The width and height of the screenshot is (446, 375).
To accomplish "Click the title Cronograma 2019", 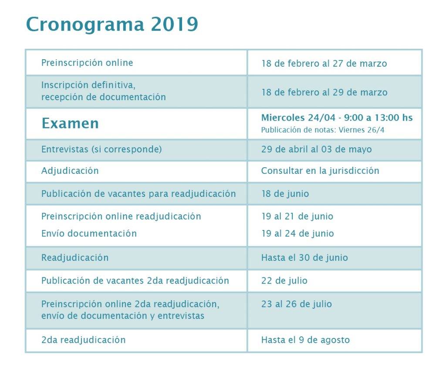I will [x=112, y=24].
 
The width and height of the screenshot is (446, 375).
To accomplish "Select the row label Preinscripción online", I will [x=87, y=63].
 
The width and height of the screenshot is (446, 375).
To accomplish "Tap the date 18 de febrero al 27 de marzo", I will [x=324, y=64].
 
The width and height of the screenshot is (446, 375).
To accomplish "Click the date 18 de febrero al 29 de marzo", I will [x=324, y=92].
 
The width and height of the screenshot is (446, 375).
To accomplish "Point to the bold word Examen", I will [x=70, y=124].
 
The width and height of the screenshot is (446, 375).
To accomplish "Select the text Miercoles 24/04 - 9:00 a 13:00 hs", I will [x=337, y=118].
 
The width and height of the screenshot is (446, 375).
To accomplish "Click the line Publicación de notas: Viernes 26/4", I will [x=323, y=130].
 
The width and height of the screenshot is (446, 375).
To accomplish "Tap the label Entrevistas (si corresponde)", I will [x=101, y=149].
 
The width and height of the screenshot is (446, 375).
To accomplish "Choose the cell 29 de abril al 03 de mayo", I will [x=316, y=149].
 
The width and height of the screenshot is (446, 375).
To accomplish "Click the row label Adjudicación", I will [x=70, y=171].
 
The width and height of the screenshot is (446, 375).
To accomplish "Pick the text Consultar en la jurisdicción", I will [x=320, y=171].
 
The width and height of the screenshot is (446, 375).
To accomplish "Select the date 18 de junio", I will [x=285, y=194].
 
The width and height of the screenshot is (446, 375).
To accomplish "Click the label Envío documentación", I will [x=89, y=233].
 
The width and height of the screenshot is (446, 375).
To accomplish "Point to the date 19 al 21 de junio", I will [x=297, y=216].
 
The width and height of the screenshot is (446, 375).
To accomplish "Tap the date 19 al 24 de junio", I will [x=297, y=233].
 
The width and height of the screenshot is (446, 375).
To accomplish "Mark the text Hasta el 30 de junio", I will [x=304, y=257].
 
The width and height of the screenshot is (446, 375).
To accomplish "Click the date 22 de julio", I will [x=284, y=281].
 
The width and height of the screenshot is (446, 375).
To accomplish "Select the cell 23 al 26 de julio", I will [x=296, y=304].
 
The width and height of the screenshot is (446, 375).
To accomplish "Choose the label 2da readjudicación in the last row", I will [x=83, y=340].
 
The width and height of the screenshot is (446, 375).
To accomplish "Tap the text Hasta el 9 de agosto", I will [x=305, y=340].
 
